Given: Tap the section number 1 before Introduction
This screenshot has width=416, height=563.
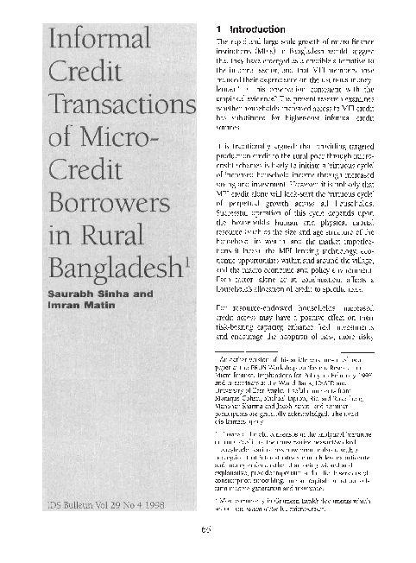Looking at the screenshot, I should coord(219,32).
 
